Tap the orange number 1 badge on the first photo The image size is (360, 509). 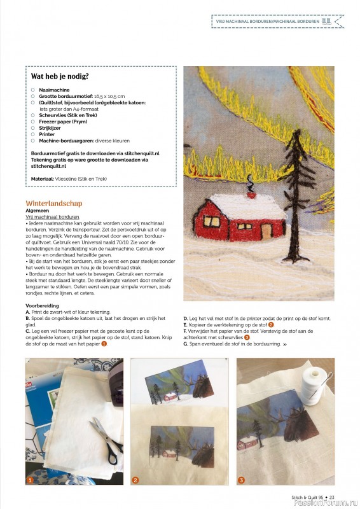[x=29, y=480]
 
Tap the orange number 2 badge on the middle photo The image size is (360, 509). [x=135, y=480]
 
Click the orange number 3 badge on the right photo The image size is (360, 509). [x=241, y=480]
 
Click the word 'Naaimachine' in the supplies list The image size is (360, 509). [x=53, y=90]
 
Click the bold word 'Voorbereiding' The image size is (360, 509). [x=43, y=306]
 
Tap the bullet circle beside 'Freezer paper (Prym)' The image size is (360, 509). [x=33, y=122]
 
